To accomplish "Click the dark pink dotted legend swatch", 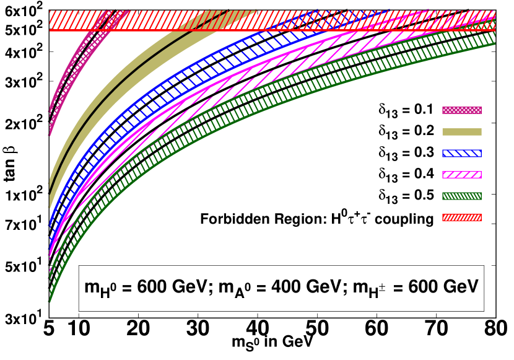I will tap(461, 110).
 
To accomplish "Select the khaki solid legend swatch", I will tap(461, 131).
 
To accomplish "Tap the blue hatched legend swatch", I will tap(461, 153).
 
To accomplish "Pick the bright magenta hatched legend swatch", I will tap(461, 175).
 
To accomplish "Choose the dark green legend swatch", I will tap(461, 196).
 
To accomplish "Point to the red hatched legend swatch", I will tap(461, 217).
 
